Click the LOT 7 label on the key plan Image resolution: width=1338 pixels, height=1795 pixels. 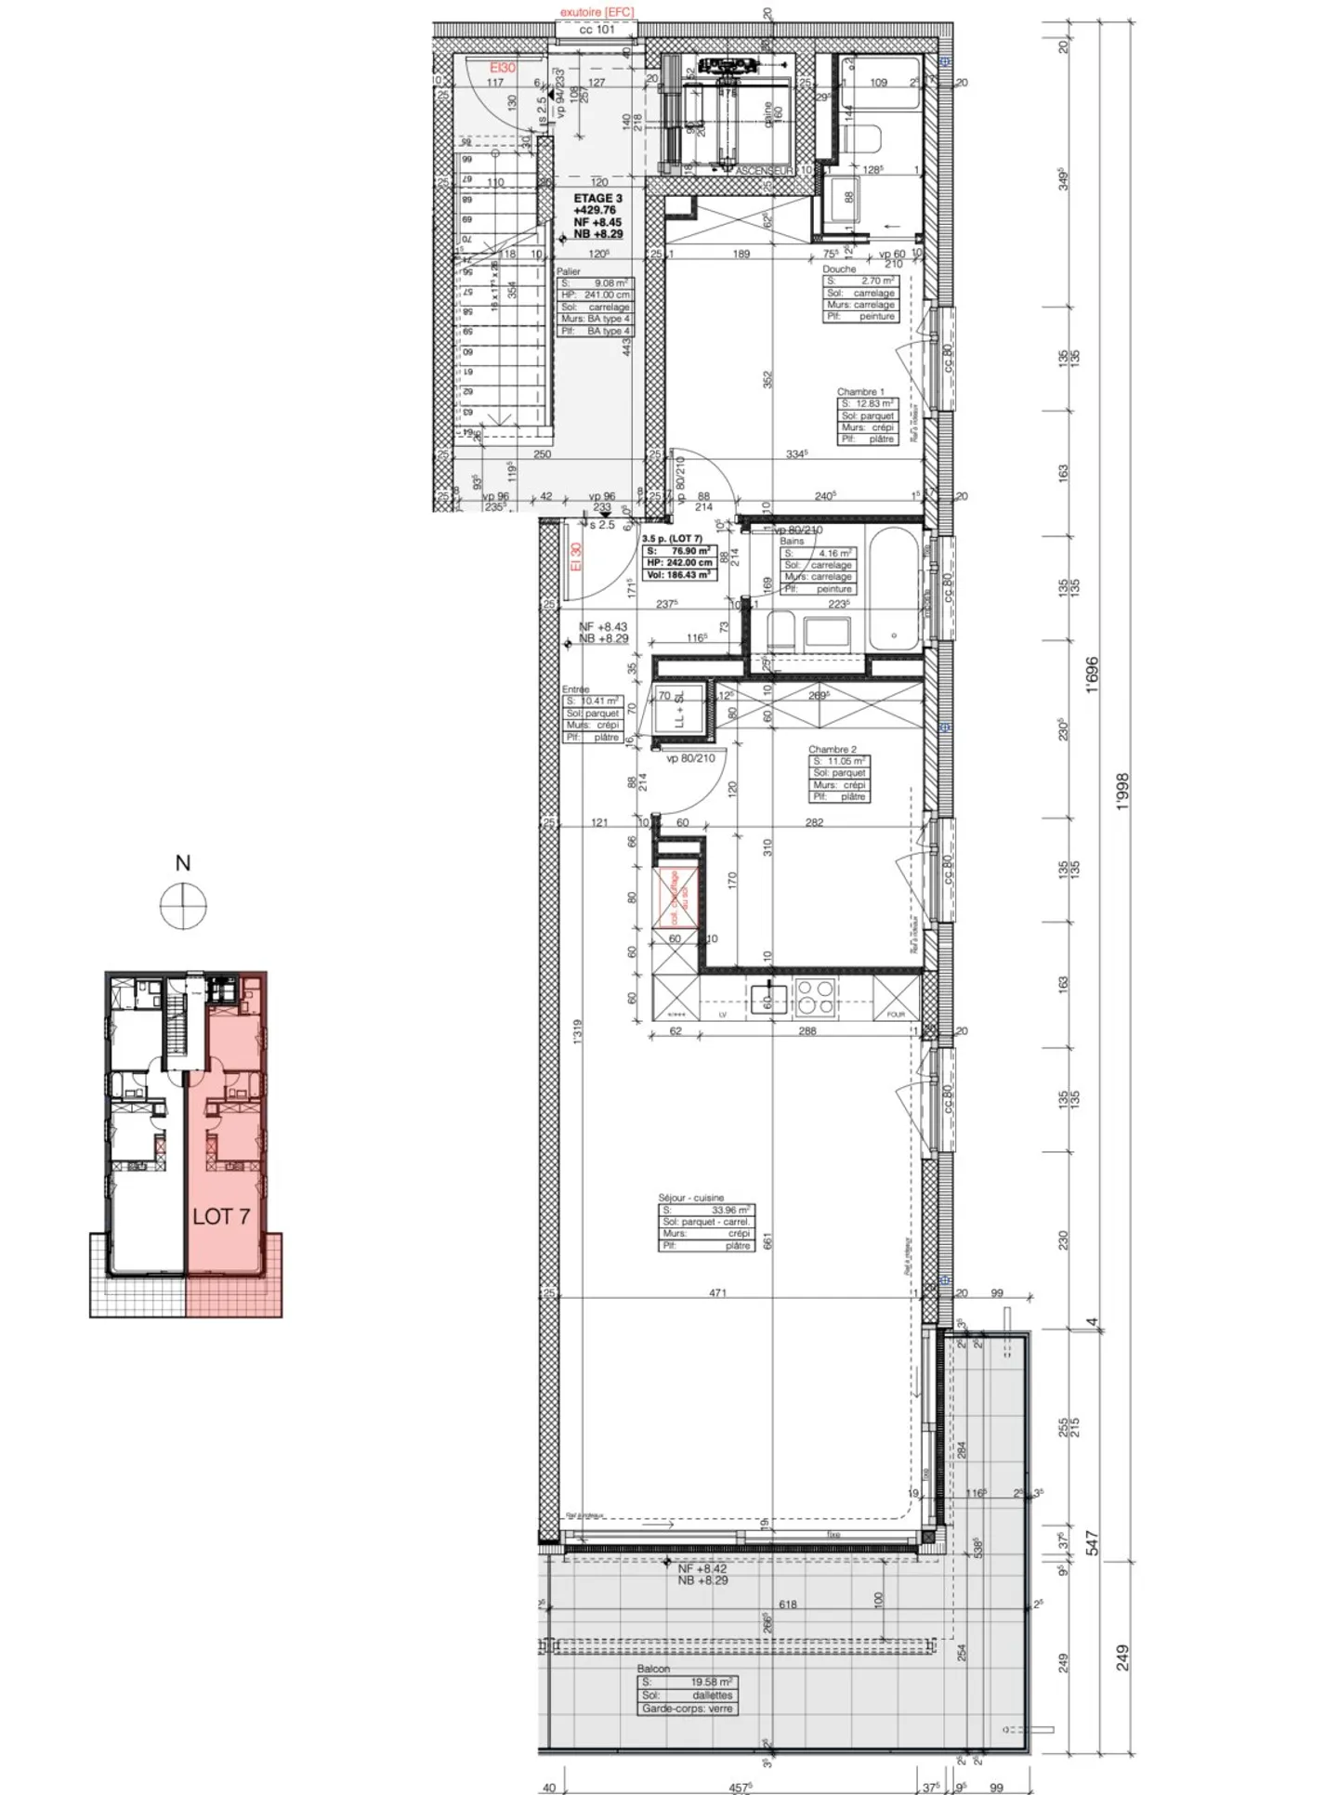pyautogui.click(x=221, y=1215)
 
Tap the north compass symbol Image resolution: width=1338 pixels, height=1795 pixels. pyautogui.click(x=183, y=906)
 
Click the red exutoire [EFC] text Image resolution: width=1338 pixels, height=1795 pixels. pyautogui.click(x=596, y=12)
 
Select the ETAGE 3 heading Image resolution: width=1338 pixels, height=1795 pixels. pyautogui.click(x=597, y=199)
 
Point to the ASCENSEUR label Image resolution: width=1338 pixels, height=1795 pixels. pyautogui.click(x=764, y=172)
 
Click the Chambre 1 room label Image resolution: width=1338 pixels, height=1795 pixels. pyautogui.click(x=860, y=392)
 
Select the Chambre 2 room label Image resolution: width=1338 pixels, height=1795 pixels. pyautogui.click(x=832, y=749)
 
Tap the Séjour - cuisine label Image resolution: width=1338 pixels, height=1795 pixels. pyautogui.click(x=690, y=1198)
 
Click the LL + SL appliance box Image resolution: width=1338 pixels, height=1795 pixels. pyautogui.click(x=678, y=711)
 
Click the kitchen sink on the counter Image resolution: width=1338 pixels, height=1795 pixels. pyautogui.click(x=768, y=998)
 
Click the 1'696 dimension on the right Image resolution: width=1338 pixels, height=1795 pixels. pyautogui.click(x=1093, y=675)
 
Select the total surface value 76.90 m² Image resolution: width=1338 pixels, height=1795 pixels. pyautogui.click(x=689, y=551)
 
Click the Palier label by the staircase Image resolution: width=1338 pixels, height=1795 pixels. pyautogui.click(x=569, y=271)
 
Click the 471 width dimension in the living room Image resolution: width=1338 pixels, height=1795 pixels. pyautogui.click(x=717, y=1292)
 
